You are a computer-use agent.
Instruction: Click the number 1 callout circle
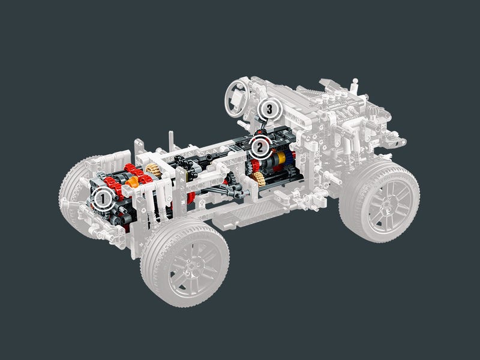click(x=103, y=199)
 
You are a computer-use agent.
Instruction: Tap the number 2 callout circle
click(x=260, y=148)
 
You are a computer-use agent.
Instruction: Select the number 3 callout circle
click(x=269, y=109)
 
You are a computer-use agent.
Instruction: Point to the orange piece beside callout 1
click(x=133, y=182)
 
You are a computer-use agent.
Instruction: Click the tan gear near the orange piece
click(x=154, y=170)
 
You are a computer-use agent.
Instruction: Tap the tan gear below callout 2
click(x=259, y=179)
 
